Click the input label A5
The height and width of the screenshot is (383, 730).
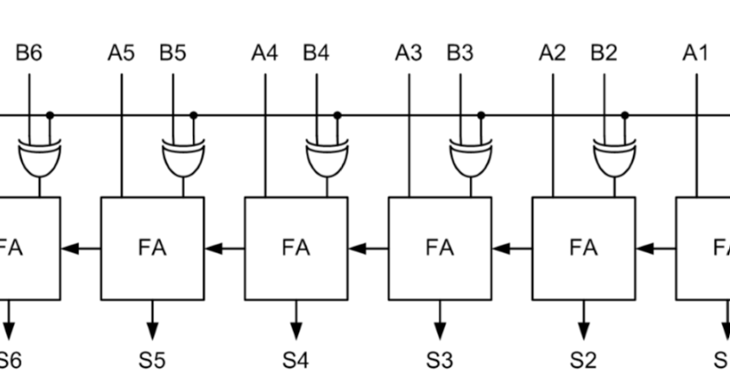coord(121,54)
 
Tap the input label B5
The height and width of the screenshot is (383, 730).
coord(173,54)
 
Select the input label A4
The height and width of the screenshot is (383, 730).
coord(264,54)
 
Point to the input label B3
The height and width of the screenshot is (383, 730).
coord(461,54)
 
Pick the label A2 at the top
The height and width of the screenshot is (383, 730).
coord(552,54)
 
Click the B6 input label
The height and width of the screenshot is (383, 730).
coord(29,54)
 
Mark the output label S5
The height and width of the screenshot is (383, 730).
coord(152,360)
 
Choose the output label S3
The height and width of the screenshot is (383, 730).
coord(439,360)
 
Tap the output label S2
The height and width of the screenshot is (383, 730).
coord(583,360)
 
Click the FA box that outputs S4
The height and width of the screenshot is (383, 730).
coord(296,248)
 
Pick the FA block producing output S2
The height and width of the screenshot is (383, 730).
coord(583,248)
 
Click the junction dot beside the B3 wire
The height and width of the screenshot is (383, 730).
coord(480,115)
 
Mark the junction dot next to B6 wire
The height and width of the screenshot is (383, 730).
coord(49,115)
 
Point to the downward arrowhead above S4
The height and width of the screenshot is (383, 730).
coord(296,329)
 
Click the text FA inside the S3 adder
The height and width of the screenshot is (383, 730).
coord(439,248)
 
